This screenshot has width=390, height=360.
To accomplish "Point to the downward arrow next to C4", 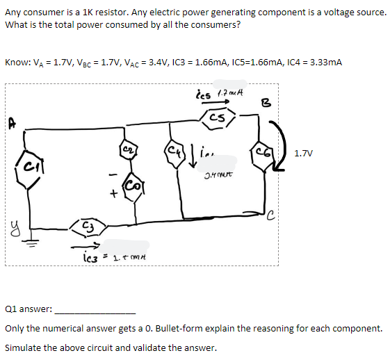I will coord(191,151).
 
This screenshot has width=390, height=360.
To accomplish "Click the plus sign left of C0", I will coord(112,197).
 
